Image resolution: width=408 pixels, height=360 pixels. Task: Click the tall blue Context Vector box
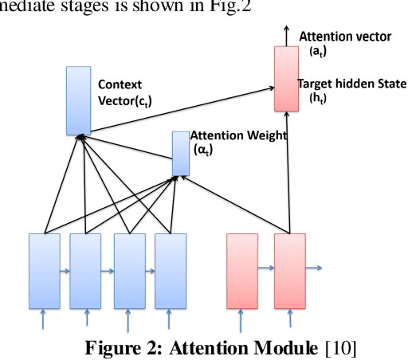click(x=79, y=100)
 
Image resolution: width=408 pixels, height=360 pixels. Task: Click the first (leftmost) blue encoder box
click(x=45, y=271)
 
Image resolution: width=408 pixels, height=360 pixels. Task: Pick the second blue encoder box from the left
click(x=86, y=271)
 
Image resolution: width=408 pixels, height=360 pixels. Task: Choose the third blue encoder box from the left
click(x=129, y=271)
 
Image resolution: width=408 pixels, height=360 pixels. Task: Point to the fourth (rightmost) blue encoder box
click(x=171, y=271)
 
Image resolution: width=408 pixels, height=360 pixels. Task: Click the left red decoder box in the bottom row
click(x=242, y=271)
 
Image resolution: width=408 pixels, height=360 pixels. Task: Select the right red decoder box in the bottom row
click(x=290, y=271)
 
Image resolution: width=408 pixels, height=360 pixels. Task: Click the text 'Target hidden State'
click(x=351, y=84)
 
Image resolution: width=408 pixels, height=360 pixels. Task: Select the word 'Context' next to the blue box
click(x=120, y=83)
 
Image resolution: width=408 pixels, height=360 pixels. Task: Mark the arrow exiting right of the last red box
click(x=315, y=268)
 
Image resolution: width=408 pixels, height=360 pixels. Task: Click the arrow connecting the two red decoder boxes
click(x=266, y=268)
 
